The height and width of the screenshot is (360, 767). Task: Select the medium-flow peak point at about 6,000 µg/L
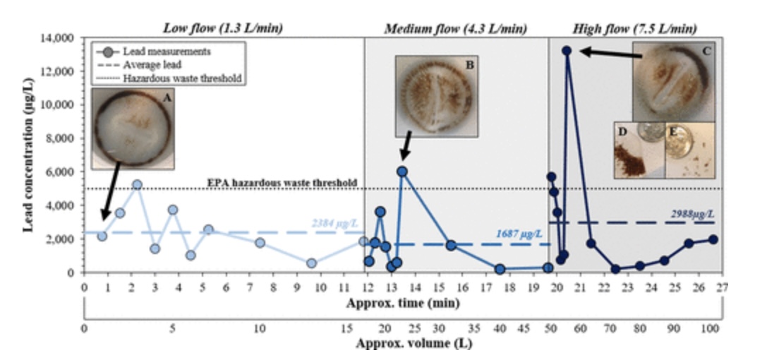pos(402,172)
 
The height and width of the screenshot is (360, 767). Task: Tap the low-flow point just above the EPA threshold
pos(138,184)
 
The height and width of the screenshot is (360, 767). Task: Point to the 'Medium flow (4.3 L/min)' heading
pos(455,29)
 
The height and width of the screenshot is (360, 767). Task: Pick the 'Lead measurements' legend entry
pos(159,51)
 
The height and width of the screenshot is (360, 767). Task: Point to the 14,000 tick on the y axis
pos(59,38)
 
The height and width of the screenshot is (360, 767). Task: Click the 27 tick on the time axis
pos(723,287)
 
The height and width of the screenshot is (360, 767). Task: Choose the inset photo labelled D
pos(639,150)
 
